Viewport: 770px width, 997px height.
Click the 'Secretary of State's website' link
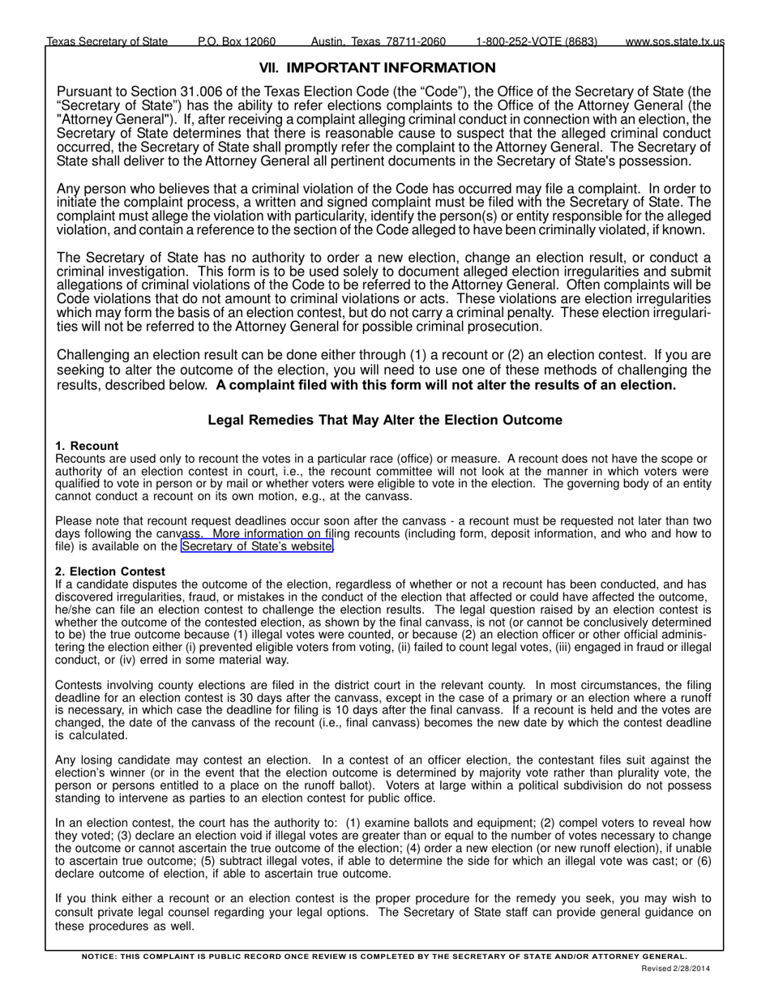[257, 546]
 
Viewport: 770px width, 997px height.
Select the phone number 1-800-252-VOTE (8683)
[537, 41]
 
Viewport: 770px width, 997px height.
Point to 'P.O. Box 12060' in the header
[237, 41]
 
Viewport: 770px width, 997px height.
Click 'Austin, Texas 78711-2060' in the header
[379, 41]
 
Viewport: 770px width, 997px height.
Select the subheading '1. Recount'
[87, 446]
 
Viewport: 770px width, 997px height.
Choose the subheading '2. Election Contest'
[110, 571]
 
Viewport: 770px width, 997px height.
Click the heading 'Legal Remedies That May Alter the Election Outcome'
[385, 420]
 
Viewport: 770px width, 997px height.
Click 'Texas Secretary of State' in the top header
[108, 41]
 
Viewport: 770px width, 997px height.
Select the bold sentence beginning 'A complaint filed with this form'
[446, 385]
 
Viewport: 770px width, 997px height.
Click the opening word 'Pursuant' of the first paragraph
[85, 92]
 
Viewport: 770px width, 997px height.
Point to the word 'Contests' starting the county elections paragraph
[80, 685]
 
